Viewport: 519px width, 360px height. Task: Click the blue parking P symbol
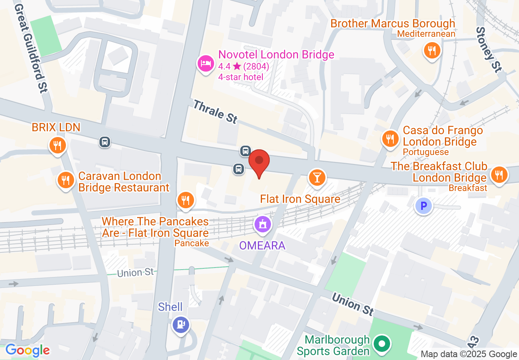[423, 206]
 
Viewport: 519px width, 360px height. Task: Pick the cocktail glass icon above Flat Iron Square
[317, 177]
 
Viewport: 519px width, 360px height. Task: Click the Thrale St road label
[215, 112]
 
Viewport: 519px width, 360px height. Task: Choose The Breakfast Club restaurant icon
[499, 175]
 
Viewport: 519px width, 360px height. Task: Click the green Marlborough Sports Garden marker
[382, 344]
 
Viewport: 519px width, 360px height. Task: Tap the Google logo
[27, 350]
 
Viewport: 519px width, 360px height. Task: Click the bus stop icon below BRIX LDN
[105, 142]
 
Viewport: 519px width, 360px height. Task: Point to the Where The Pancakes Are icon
[185, 200]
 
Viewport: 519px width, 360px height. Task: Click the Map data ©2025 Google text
[469, 354]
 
